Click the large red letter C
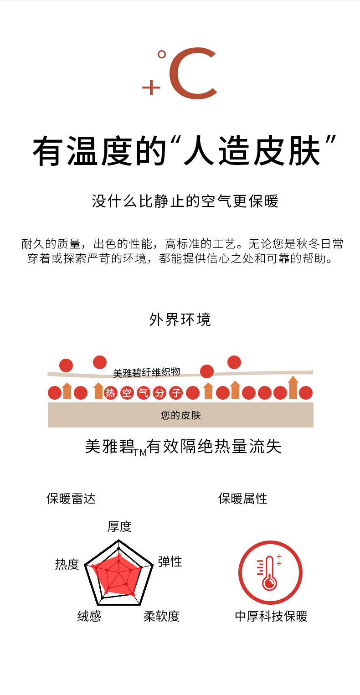pos(191,74)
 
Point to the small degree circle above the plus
pos(161,55)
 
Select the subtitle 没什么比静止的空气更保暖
pos(185,201)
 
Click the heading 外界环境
pos(180,319)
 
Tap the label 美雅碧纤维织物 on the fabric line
pos(146,372)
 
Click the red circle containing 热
pos(111,393)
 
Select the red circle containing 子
pos(176,393)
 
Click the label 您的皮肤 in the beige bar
pos(181,415)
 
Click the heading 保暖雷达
pos(71,499)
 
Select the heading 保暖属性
pos(243,499)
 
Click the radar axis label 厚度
pos(119,526)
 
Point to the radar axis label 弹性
pos(170,561)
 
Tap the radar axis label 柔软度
pos(162,616)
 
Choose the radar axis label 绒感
pos(89,616)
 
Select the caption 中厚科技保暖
pos(271,616)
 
